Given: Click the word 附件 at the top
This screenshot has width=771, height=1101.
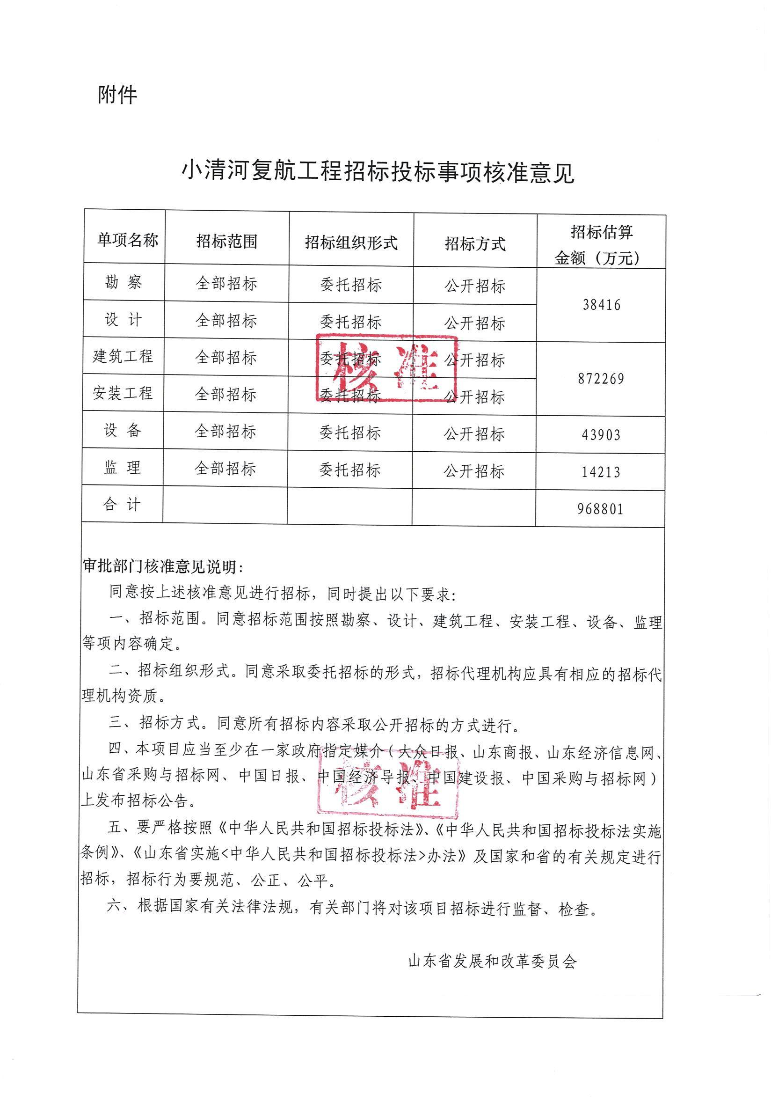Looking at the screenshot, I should (117, 95).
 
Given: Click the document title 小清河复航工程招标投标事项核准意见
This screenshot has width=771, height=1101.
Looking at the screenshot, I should (378, 172).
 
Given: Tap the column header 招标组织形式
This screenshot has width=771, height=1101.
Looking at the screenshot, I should (351, 242).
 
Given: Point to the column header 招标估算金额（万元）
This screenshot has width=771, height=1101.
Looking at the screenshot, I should (601, 245).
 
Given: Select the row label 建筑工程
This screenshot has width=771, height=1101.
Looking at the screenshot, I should (123, 356).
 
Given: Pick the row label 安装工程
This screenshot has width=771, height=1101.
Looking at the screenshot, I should (123, 393).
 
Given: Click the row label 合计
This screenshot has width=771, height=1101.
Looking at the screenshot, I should (122, 505).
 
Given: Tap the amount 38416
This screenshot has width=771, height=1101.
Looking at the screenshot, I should (601, 305).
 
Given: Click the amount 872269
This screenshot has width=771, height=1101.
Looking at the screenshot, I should (601, 379).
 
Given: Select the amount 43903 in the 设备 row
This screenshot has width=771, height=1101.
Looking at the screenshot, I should (601, 435).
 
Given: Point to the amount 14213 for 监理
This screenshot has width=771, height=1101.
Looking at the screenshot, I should (601, 472).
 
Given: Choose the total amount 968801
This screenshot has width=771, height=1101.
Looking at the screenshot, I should (600, 509).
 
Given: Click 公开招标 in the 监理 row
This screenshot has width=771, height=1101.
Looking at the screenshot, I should (474, 471).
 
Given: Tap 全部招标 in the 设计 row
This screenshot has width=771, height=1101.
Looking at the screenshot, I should (226, 320).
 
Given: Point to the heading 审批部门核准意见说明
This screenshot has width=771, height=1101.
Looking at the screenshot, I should (162, 567).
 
